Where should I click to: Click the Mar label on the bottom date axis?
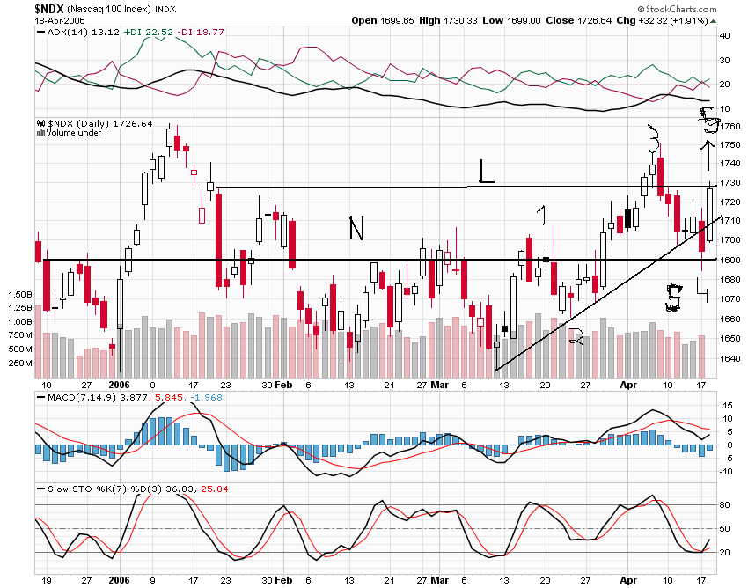click(x=439, y=385)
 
